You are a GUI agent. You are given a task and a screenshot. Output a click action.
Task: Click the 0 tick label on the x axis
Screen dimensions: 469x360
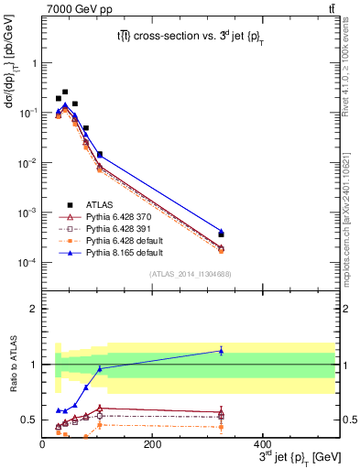[x=42, y=444]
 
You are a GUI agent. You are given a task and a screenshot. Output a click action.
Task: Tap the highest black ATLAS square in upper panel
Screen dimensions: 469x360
[x=64, y=92]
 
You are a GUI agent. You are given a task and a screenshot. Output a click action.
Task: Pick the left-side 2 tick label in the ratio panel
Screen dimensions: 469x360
[x=33, y=309]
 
